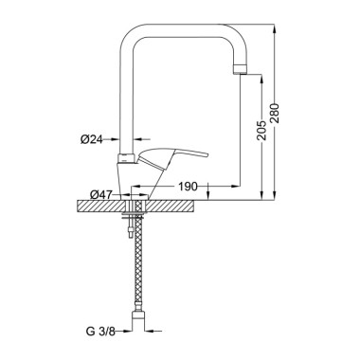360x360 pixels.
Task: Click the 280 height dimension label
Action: pyautogui.click(x=275, y=113)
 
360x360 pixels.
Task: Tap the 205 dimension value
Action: pyautogui.click(x=261, y=130)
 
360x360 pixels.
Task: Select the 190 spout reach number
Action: pyautogui.click(x=188, y=187)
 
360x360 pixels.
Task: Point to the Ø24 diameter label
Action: pyautogui.click(x=92, y=139)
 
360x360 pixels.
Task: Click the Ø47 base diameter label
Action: pyautogui.click(x=101, y=195)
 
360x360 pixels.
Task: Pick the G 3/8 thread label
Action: pyautogui.click(x=100, y=332)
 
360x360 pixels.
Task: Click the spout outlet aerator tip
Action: pyautogui.click(x=240, y=69)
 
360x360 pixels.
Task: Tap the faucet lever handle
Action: pyautogui.click(x=172, y=157)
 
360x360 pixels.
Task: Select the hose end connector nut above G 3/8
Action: pyautogui.click(x=138, y=315)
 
